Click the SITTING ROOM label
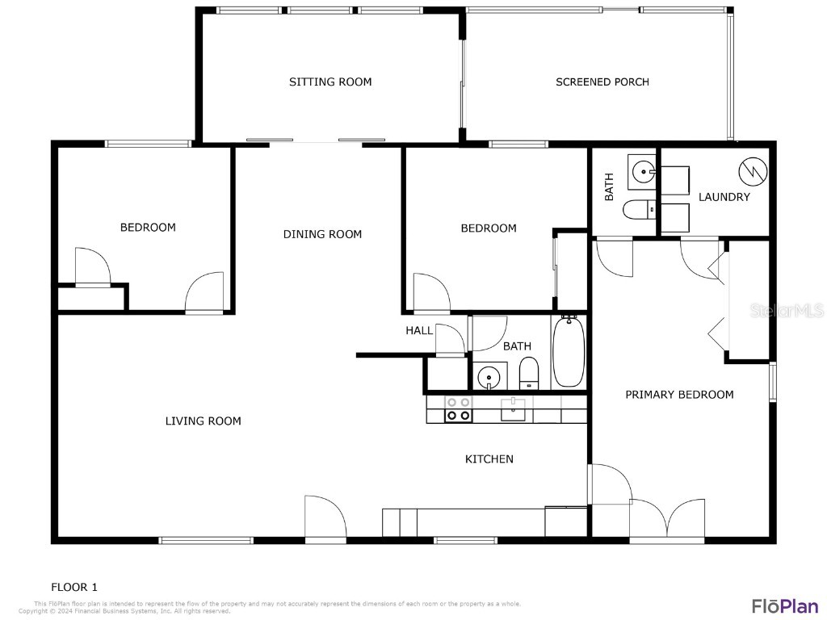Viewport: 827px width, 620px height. click(330, 82)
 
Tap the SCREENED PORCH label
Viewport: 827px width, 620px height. click(602, 82)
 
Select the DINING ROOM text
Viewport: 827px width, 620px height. click(322, 234)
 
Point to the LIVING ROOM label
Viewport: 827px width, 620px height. click(203, 421)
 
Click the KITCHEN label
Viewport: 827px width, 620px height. click(489, 459)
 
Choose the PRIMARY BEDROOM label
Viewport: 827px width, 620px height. click(679, 394)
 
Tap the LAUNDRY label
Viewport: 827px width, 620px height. click(724, 197)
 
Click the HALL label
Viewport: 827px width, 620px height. click(419, 330)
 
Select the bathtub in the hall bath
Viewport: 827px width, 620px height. click(568, 352)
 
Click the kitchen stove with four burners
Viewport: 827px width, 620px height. click(459, 408)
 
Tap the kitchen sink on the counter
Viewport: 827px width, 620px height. click(514, 409)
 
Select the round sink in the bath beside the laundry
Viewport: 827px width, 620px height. click(642, 171)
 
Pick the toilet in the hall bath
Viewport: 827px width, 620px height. click(529, 374)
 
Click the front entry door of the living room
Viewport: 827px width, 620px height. click(325, 518)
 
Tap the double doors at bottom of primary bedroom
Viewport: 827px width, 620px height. click(667, 520)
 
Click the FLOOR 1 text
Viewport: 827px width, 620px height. click(74, 587)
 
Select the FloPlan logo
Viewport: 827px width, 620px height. click(783, 605)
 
